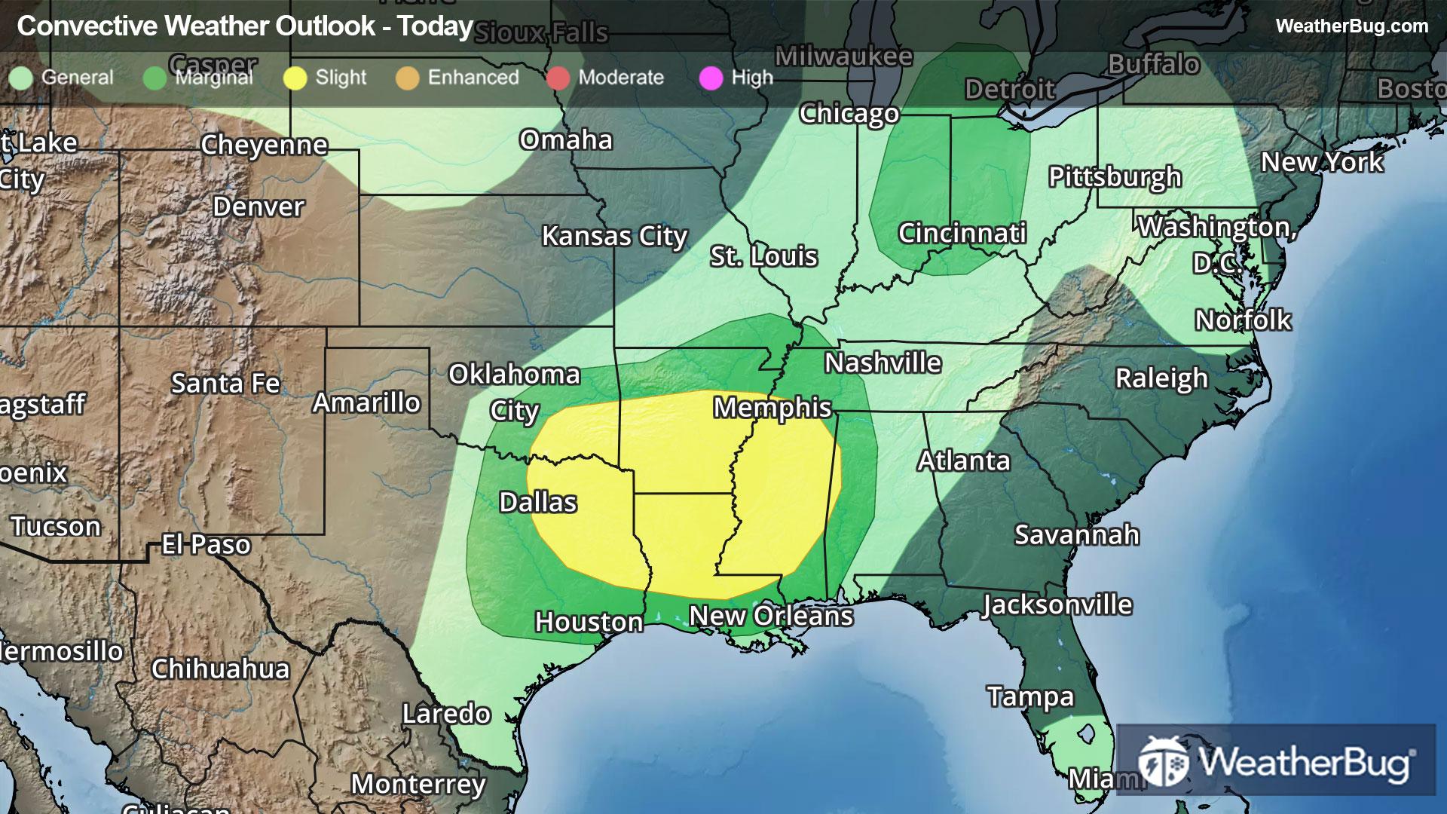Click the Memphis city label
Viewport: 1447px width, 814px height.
pos(772,408)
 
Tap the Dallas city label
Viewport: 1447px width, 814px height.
pos(538,503)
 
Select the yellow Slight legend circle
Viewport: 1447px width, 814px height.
pos(295,78)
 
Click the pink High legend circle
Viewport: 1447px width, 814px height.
pos(711,78)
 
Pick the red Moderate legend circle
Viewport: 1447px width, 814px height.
pos(558,78)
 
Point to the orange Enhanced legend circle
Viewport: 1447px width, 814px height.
pos(407,78)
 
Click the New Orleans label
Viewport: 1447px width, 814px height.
pos(771,616)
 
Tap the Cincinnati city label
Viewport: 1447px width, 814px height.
pos(962,233)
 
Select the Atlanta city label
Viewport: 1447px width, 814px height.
pos(963,461)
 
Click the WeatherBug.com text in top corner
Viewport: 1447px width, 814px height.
pos(1351,26)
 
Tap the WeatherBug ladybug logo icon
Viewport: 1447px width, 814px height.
pos(1163,761)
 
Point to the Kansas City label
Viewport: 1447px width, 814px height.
pos(614,237)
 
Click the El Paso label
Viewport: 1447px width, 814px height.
pos(206,544)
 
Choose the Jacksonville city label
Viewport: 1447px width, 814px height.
pos(1057,604)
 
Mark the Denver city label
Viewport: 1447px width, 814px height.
pos(259,207)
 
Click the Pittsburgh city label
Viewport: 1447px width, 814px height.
pos(1115,177)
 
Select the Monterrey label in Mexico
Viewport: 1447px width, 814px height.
pos(418,785)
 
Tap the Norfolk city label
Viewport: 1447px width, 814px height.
pos(1243,320)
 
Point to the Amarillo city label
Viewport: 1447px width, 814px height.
pos(366,403)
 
